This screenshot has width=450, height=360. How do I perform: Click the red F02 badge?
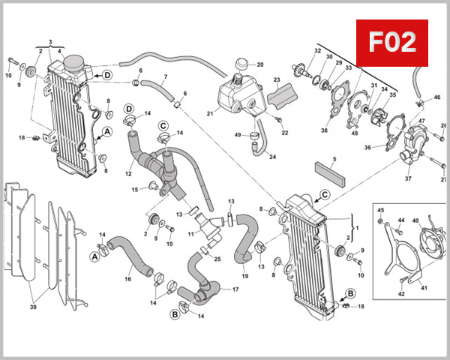coord(391,43)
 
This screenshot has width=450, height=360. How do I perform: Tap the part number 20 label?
coord(260,65)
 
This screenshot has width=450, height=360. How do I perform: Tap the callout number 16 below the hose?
coord(128,279)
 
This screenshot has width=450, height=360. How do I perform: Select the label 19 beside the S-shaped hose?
coord(244,277)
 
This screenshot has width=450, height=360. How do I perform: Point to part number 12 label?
coord(128,174)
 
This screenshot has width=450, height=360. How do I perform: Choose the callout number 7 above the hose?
coord(165,77)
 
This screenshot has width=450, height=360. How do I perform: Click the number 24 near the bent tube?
coord(272,157)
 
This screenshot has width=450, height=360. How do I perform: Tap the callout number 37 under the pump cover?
coord(409,179)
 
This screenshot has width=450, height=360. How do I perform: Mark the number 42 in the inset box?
coord(402,294)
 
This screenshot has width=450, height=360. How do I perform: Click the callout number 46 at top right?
coord(437,97)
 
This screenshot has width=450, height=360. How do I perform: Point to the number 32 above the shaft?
coord(317,51)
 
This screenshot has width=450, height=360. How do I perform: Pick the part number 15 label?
coord(134,189)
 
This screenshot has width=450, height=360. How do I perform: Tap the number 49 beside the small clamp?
coord(238,135)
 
